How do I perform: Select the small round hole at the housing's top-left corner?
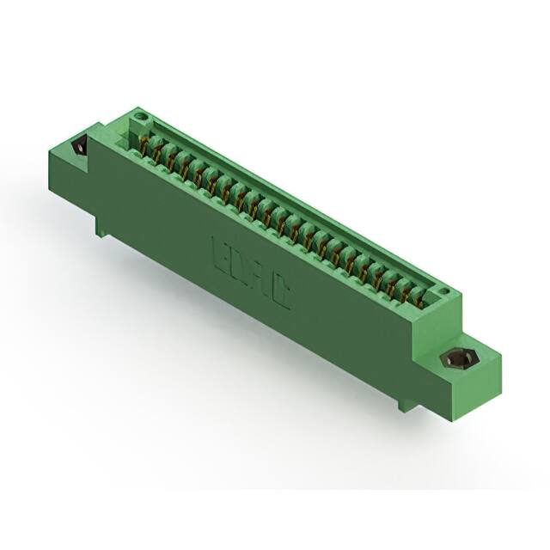[x=144, y=115]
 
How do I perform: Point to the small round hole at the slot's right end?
[x=443, y=292]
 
